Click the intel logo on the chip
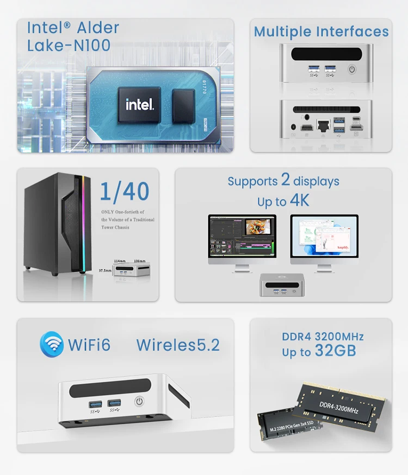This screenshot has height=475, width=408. (x=140, y=104)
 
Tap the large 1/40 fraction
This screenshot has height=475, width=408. (x=125, y=192)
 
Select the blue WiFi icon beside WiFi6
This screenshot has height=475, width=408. (x=52, y=345)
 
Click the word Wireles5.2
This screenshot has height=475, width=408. (x=178, y=345)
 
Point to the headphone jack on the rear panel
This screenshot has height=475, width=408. (x=308, y=117)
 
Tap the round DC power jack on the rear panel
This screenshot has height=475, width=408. (x=294, y=126)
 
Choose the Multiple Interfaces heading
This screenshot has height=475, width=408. (x=321, y=31)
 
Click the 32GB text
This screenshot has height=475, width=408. (x=335, y=351)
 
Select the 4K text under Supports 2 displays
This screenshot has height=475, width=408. (x=299, y=200)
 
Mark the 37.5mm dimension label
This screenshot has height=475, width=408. (x=105, y=270)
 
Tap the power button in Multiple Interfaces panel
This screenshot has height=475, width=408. (x=352, y=69)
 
